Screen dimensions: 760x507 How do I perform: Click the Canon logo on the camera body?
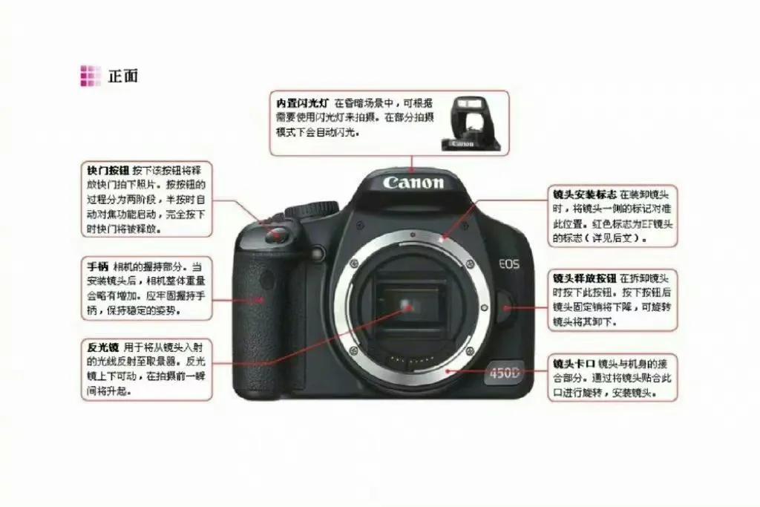point(413,183)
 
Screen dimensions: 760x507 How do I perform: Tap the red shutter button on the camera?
point(276,234)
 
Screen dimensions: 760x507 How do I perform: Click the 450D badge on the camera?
point(504,373)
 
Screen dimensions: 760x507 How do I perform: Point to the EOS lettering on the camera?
point(509,264)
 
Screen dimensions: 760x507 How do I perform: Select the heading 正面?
point(122,76)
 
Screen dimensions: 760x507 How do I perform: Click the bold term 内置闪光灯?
point(303,102)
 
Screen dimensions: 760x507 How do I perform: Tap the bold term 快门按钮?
point(108,170)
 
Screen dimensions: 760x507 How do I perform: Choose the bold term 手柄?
point(97,266)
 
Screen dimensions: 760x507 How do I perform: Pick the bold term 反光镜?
point(102,347)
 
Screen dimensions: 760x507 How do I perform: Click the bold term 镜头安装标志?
point(585,194)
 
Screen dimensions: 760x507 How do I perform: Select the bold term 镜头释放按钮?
point(585,278)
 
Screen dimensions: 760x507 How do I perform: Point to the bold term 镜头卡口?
point(574,364)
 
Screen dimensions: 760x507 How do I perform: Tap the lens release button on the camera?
point(505,307)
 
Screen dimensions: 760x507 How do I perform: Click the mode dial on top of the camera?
point(311,209)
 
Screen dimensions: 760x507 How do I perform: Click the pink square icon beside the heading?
point(91,76)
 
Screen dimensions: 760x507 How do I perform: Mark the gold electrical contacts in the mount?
point(412,361)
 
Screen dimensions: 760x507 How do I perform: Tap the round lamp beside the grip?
point(318,252)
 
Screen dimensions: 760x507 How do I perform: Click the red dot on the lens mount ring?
point(442,239)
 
